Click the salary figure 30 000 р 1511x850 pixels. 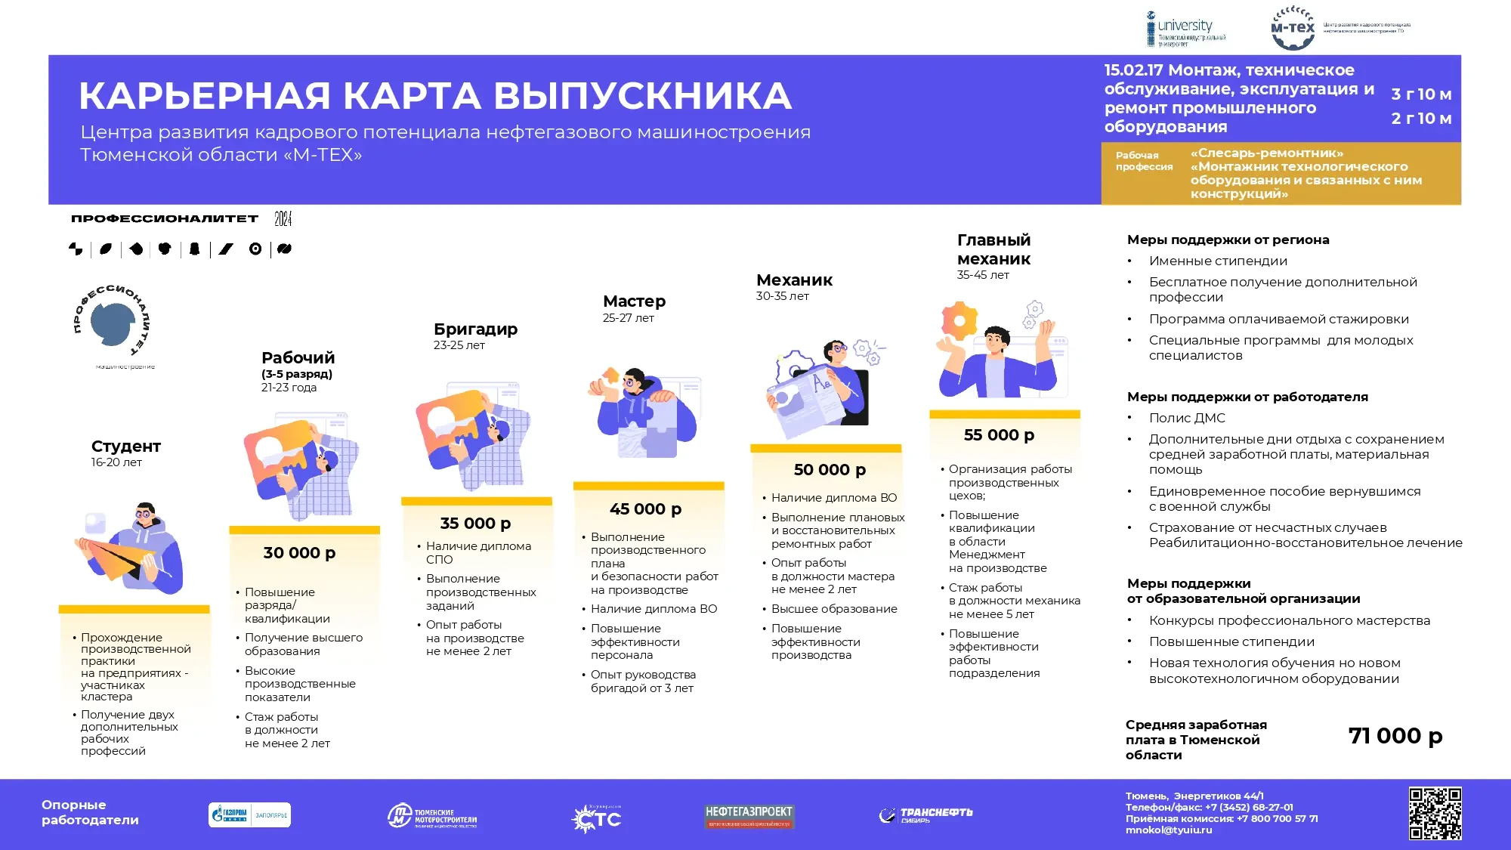pyautogui.click(x=299, y=553)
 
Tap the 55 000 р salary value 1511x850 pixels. pyautogui.click(x=999, y=435)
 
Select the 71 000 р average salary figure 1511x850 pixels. pyautogui.click(x=1395, y=736)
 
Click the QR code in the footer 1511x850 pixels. pyautogui.click(x=1435, y=814)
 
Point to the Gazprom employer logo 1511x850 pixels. pyautogui.click(x=249, y=815)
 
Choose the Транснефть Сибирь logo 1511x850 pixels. pyautogui.click(x=926, y=815)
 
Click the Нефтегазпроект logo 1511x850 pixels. pyautogui.click(x=749, y=816)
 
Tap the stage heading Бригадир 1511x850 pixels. pyautogui.click(x=475, y=329)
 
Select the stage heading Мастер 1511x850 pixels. pyautogui.click(x=634, y=301)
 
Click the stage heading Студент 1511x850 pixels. pyautogui.click(x=126, y=447)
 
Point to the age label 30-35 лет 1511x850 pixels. pyautogui.click(x=782, y=296)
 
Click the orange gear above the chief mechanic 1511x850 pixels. pyautogui.click(x=959, y=320)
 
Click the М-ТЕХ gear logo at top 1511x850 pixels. pyautogui.click(x=1293, y=29)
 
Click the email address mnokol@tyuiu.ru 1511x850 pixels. pyautogui.click(x=1168, y=830)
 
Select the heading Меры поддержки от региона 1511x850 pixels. pyautogui.click(x=1228, y=240)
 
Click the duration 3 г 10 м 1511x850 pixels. pyautogui.click(x=1421, y=94)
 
